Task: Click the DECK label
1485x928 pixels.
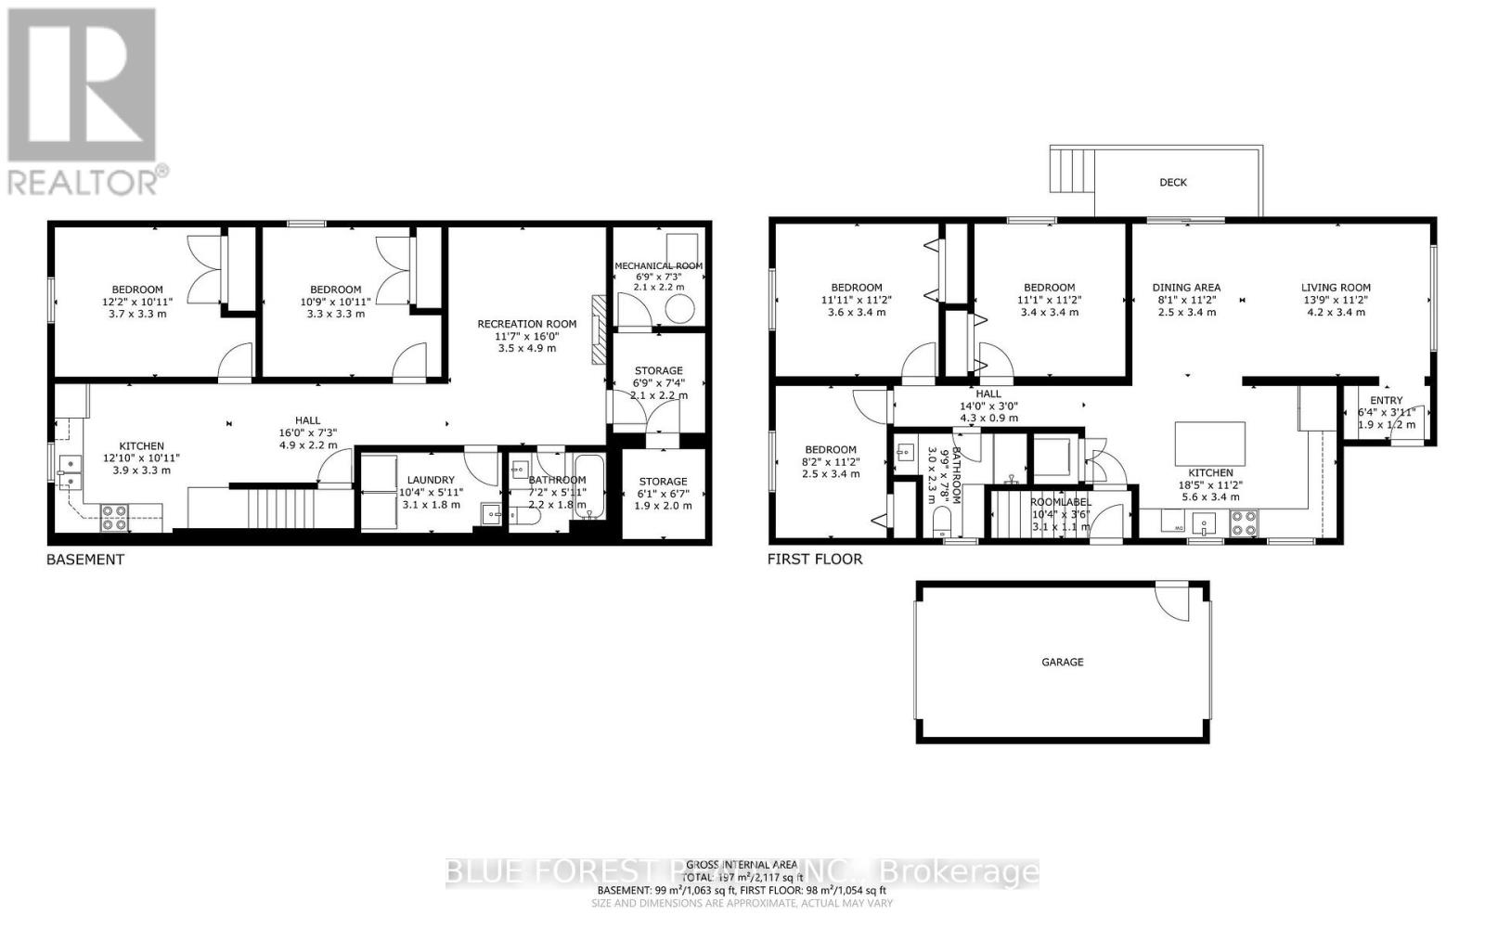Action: coord(1173,183)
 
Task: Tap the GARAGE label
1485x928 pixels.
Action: coord(1062,663)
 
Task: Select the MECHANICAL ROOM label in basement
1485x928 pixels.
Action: coord(658,265)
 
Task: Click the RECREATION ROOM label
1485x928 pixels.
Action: coord(526,324)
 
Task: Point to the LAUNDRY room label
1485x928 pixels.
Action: coord(431,480)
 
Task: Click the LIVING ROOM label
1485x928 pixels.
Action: coord(1335,288)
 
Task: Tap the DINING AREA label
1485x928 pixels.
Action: coord(1186,288)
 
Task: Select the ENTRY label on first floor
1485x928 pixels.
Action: coord(1386,401)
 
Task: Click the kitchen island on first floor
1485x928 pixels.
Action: coord(1210,443)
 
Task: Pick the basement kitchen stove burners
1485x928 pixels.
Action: coord(114,517)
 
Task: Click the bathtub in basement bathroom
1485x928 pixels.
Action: coord(588,486)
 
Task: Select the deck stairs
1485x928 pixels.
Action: coord(1074,169)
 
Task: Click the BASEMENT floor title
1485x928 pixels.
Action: coord(85,560)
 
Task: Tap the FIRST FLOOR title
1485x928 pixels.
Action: coord(814,560)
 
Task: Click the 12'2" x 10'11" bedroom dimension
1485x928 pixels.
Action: coord(137,302)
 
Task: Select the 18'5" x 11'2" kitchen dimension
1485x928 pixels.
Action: coord(1210,484)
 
